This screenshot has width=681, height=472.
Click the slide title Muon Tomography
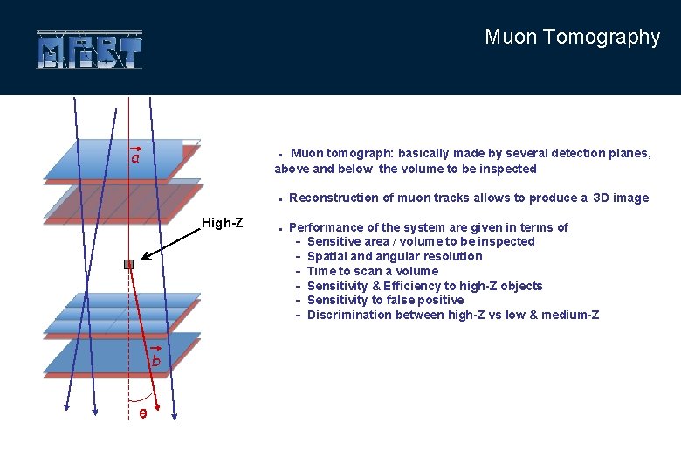[572, 37]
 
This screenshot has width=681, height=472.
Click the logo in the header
[89, 50]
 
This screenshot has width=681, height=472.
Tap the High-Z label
[222, 223]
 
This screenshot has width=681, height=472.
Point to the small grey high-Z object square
[128, 264]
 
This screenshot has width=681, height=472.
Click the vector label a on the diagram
[135, 157]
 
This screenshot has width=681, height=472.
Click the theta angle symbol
[142, 413]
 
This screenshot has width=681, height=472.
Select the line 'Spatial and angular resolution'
[394, 256]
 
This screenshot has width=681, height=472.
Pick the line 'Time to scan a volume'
[373, 271]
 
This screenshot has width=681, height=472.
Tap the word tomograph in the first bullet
[361, 153]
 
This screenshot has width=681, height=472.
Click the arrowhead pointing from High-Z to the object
[145, 258]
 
